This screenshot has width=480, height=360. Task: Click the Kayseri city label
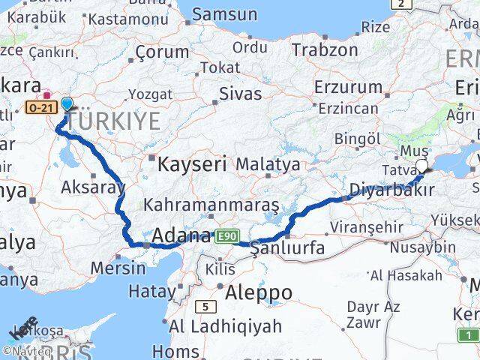click(190, 163)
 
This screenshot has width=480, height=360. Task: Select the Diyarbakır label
click(392, 190)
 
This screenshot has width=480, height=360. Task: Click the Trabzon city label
click(325, 50)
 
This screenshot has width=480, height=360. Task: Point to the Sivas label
click(241, 94)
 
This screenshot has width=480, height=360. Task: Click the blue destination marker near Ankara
click(67, 104)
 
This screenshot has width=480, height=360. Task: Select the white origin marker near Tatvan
click(421, 166)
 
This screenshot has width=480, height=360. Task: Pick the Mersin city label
click(118, 267)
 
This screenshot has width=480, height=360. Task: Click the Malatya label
click(268, 163)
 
